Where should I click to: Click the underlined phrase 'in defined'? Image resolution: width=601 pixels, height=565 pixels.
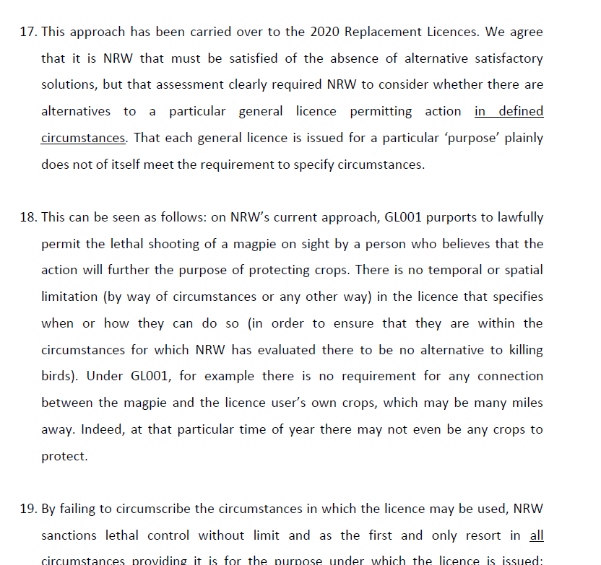click(509, 111)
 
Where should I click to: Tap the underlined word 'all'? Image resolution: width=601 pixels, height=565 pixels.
click(536, 535)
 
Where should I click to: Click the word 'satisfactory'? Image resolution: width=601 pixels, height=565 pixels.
click(506, 58)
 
